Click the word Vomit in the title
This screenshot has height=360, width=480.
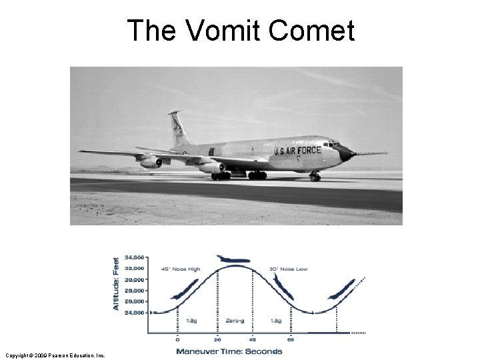click(x=221, y=31)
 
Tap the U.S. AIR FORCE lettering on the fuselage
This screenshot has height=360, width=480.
click(x=297, y=151)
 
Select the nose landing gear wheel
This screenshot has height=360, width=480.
click(x=315, y=177)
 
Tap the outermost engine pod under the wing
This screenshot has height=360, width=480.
click(x=150, y=162)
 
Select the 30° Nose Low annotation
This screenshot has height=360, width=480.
click(x=289, y=269)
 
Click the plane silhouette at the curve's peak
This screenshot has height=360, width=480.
click(x=233, y=259)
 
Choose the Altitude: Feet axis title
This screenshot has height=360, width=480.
click(x=116, y=283)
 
